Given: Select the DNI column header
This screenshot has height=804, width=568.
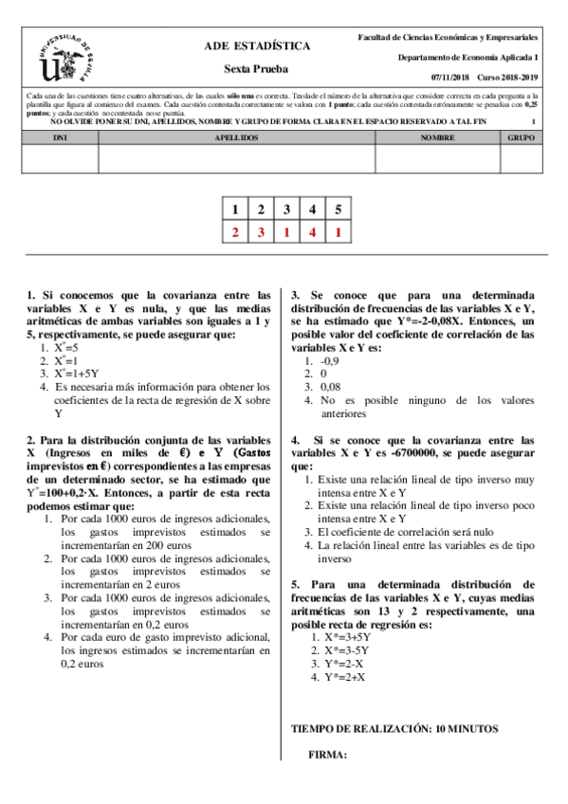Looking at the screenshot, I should (x=59, y=137).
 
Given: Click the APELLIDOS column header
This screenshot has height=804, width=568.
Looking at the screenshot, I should (x=236, y=137).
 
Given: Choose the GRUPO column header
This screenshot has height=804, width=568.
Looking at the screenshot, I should (x=521, y=137).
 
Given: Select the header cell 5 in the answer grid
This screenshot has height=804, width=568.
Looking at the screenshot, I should (x=338, y=210).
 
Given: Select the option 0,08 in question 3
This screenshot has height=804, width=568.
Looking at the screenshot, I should (x=330, y=387).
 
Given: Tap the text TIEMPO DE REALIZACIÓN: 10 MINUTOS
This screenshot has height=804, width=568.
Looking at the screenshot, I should (x=394, y=729).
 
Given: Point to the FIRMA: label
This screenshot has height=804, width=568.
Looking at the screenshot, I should (x=328, y=755).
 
